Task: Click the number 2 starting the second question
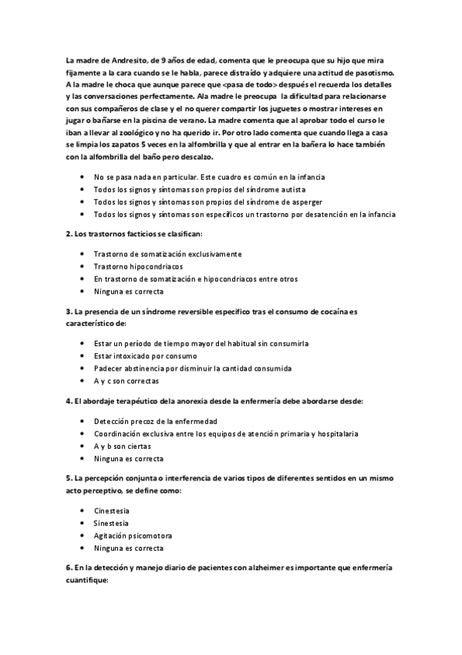69,232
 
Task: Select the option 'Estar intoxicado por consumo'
146,356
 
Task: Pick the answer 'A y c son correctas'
127,381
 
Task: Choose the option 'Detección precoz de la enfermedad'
155,421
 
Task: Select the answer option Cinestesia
112,511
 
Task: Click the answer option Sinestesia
112,523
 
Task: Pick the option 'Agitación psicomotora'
133,535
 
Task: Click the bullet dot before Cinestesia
83,511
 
